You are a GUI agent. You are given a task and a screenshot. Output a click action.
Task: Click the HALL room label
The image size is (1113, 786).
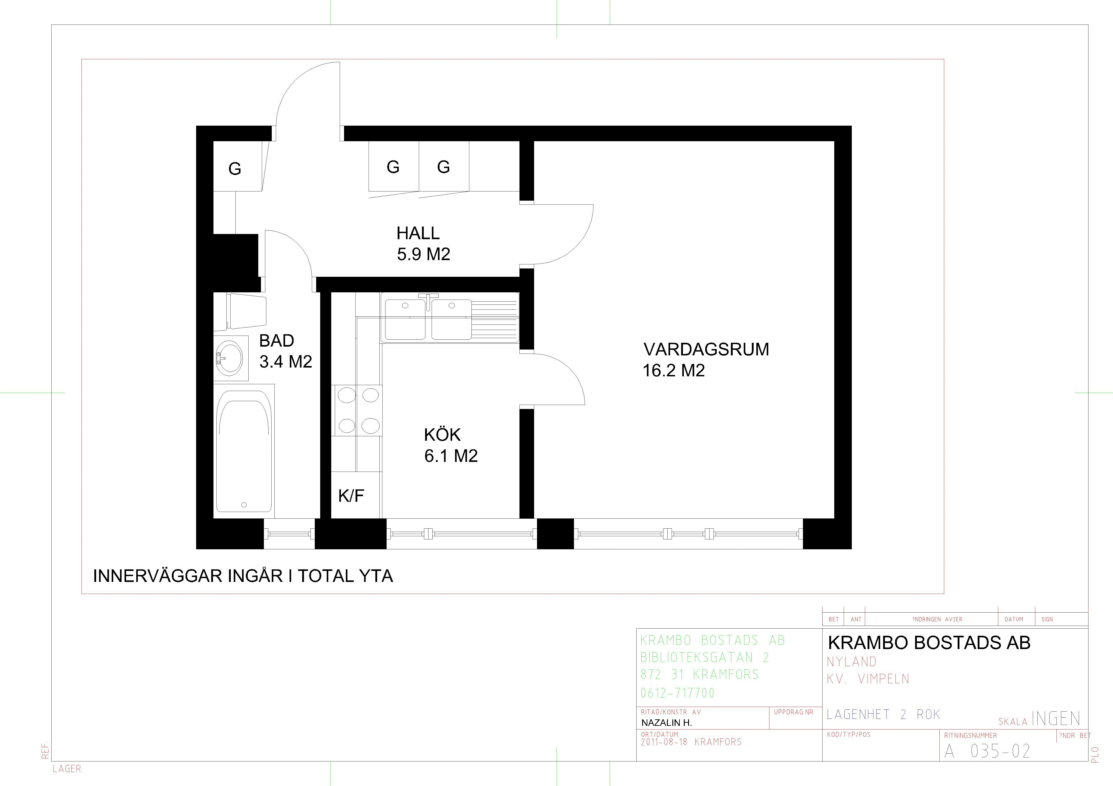click(418, 233)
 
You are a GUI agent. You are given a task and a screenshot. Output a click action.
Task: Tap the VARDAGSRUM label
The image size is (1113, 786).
click(706, 349)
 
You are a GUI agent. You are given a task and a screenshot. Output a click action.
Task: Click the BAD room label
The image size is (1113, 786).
click(277, 341)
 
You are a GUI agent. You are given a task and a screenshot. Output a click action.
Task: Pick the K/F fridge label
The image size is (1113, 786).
click(351, 495)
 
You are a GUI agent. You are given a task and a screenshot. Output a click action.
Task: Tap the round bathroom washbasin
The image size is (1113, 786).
click(229, 357)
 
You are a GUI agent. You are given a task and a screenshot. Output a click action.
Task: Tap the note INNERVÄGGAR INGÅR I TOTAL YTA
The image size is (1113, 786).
click(243, 576)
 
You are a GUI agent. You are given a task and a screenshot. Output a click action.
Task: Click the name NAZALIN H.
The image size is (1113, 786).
click(666, 722)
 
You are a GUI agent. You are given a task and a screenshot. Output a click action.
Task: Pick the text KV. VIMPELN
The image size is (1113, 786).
click(868, 679)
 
